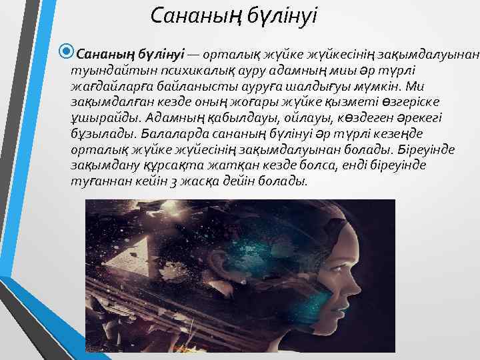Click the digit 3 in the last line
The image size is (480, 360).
[x=178, y=181]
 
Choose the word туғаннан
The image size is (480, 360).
[x=97, y=181]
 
